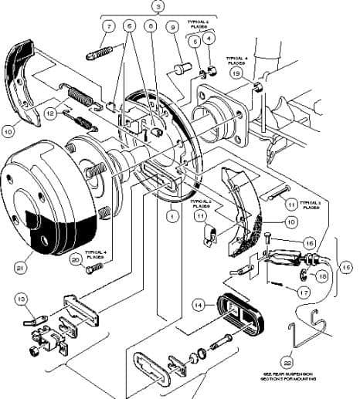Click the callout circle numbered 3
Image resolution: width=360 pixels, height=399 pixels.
158,6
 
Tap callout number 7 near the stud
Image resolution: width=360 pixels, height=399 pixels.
108,26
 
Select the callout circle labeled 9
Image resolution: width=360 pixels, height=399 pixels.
172,27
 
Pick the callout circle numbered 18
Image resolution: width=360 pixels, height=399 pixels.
322,274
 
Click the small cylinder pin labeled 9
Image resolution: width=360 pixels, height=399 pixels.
182,69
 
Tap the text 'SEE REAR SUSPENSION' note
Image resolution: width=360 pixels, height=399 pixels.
288,376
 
